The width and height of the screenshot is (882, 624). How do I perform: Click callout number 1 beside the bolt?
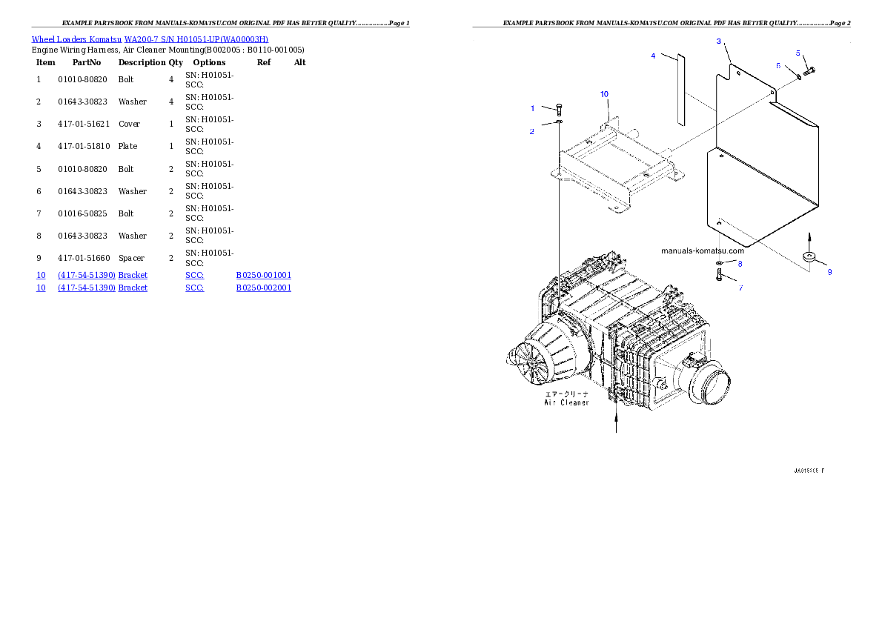coord(532,108)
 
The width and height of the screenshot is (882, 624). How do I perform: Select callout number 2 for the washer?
coord(531,131)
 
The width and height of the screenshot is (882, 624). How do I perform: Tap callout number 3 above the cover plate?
coord(718,42)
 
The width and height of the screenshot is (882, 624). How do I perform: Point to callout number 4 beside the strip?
coord(653,56)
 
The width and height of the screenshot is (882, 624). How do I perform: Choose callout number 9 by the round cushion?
coord(829,272)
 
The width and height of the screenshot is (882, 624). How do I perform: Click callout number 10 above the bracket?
coord(604,94)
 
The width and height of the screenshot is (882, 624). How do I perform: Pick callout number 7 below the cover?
coord(740,288)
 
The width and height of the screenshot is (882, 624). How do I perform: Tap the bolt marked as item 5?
coord(809,70)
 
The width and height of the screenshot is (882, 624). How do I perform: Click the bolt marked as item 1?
coord(558,110)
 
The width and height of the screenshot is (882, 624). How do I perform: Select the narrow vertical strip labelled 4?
coord(680,89)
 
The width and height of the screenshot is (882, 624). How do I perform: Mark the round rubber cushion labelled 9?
coord(809,257)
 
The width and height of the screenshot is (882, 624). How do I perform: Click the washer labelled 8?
coord(720,263)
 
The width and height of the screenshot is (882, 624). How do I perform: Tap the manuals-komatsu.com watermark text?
coord(703,250)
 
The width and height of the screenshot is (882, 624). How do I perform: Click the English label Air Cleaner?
coord(567,402)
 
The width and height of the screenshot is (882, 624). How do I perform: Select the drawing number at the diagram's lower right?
coord(809,471)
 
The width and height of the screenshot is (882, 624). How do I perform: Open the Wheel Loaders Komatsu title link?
coord(150,39)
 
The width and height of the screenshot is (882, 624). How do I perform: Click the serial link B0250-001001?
coord(264,276)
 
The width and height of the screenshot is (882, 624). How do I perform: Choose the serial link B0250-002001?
coord(264,287)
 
